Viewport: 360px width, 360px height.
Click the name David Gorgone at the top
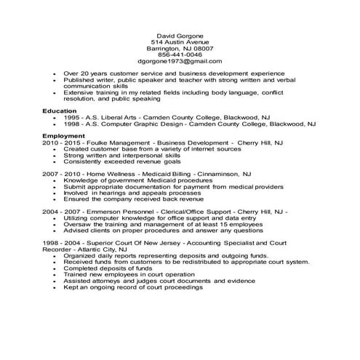[180, 36]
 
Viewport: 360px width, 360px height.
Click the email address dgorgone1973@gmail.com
[180, 62]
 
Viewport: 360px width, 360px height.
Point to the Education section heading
[59, 110]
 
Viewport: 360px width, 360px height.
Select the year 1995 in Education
[72, 116]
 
